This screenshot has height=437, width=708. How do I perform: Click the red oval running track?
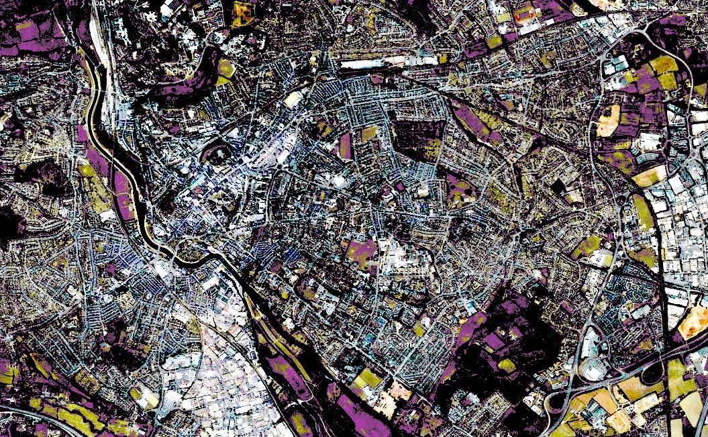[x=525, y=11]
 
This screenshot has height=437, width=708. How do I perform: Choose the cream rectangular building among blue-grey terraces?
[x=293, y=99]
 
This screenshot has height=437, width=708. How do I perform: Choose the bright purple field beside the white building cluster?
[x=363, y=251]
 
